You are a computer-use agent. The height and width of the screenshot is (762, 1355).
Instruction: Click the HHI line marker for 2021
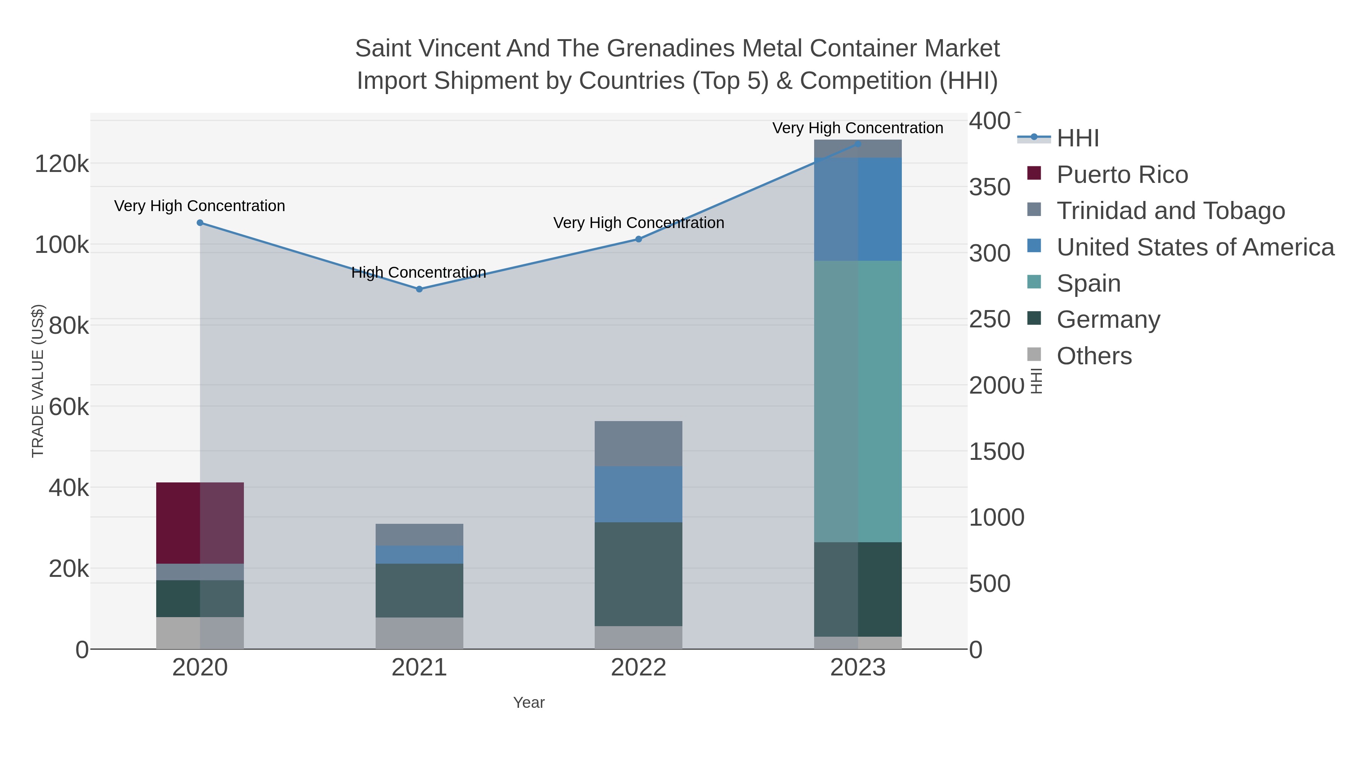pyautogui.click(x=419, y=289)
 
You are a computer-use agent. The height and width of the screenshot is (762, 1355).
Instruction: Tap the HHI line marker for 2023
pyautogui.click(x=858, y=144)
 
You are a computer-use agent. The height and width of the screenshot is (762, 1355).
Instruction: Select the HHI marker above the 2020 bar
pyautogui.click(x=200, y=223)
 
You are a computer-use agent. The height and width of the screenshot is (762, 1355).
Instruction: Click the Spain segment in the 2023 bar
pyautogui.click(x=858, y=401)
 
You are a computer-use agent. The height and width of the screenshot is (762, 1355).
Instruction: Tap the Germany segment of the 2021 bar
pyautogui.click(x=419, y=590)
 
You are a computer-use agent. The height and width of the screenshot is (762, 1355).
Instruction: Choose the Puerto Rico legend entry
pyautogui.click(x=1122, y=175)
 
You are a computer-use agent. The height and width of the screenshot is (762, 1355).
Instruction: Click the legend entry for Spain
pyautogui.click(x=1088, y=283)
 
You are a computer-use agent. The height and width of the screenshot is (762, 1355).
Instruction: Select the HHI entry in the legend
pyautogui.click(x=1077, y=138)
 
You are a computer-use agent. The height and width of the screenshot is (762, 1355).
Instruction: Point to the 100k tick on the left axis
pyautogui.click(x=62, y=245)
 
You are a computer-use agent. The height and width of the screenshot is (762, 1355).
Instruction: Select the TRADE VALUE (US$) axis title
pyautogui.click(x=38, y=381)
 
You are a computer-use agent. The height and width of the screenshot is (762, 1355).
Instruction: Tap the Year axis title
pyautogui.click(x=529, y=703)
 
